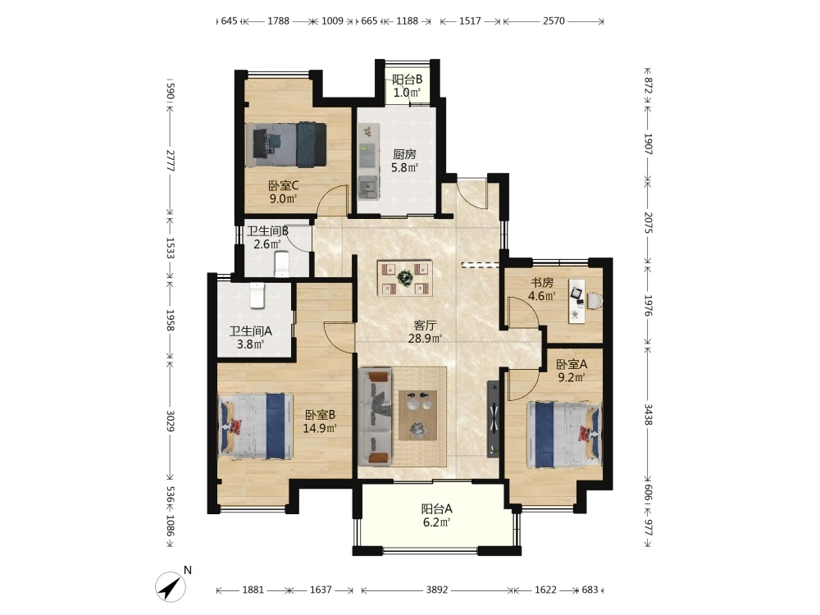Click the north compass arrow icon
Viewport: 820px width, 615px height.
tap(171, 587)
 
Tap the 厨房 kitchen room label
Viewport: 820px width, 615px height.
tap(405, 154)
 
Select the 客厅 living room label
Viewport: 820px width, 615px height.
tap(425, 326)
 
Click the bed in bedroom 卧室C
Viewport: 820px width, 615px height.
tap(286, 145)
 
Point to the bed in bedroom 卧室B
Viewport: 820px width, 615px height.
tap(255, 426)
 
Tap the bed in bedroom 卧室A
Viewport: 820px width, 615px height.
tap(564, 434)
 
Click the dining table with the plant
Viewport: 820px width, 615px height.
tap(405, 278)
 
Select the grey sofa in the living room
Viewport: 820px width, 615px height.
tap(376, 417)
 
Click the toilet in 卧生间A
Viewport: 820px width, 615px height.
tap(257, 296)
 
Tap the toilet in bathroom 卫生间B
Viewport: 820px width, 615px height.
tap(282, 264)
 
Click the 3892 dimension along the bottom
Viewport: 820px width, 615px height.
tap(437, 590)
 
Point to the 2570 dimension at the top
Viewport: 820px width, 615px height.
tap(553, 21)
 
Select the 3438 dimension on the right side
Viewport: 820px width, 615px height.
tap(648, 414)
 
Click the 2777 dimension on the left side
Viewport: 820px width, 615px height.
tap(171, 161)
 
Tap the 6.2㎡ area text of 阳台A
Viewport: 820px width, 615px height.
tap(436, 522)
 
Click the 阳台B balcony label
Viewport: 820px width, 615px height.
tap(408, 80)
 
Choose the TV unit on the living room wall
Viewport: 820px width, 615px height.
tap(493, 419)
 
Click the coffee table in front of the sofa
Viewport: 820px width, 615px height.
tap(417, 415)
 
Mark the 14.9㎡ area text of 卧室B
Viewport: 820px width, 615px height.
tap(320, 428)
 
